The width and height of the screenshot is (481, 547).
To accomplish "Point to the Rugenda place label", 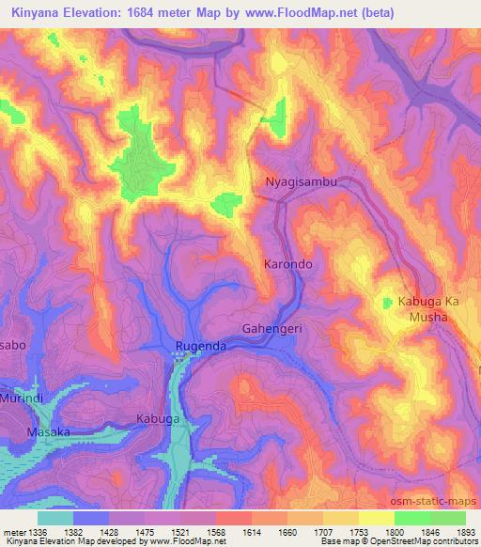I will pyautogui.click(x=200, y=347).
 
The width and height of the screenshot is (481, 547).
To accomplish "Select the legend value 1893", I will pyautogui.click(x=467, y=532).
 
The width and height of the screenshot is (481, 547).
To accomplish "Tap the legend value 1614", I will pyautogui.click(x=251, y=532).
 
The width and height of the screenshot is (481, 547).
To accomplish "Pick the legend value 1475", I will pyautogui.click(x=142, y=532).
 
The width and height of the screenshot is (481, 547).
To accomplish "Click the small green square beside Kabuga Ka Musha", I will pyautogui.click(x=387, y=302).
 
